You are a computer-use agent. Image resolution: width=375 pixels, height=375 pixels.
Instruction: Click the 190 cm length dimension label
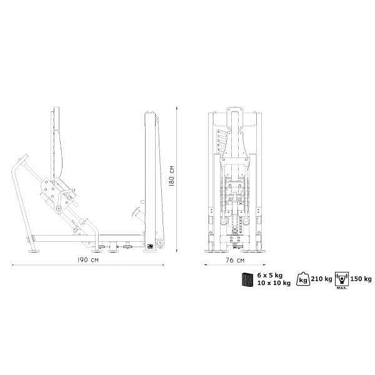point(87,260)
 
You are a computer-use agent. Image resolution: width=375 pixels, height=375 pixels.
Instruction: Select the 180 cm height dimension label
point(171,176)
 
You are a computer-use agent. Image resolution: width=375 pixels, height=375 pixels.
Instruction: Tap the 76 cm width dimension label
point(235,260)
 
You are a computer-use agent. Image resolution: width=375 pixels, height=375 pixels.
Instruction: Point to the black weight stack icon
point(247,279)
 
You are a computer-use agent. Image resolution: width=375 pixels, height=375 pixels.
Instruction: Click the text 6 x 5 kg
point(270,275)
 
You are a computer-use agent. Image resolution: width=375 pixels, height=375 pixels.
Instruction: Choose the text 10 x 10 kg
point(274,283)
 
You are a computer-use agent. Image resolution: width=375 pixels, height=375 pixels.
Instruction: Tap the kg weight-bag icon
point(303,279)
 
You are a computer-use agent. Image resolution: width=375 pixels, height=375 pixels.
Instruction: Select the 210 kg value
point(321,279)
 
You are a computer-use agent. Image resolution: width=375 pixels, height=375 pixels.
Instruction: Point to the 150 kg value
point(361,279)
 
